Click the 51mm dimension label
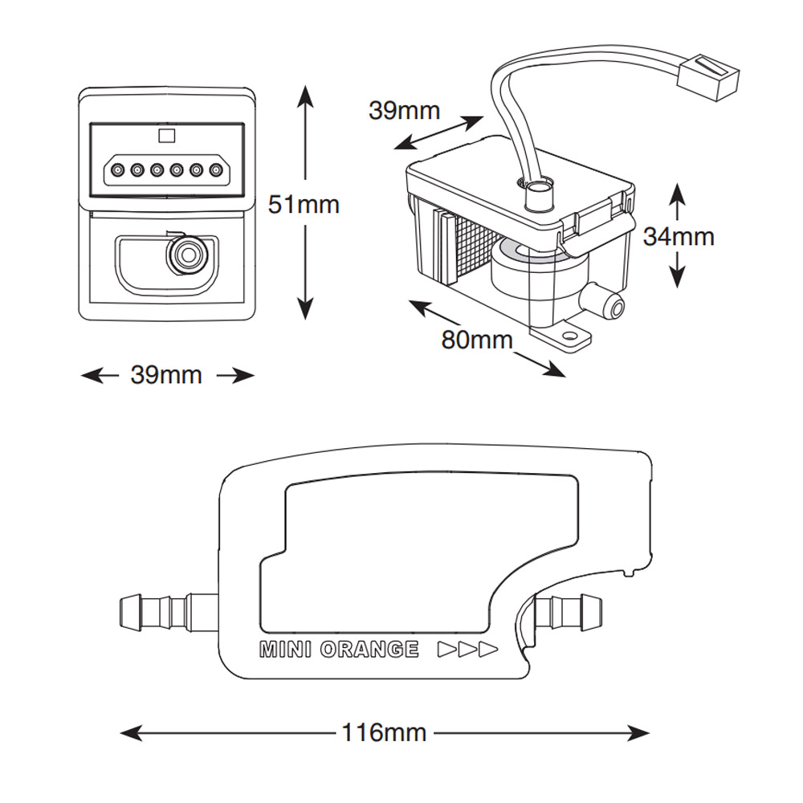pos(304,205)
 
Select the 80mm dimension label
pos(476,340)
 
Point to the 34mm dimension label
pos(678,236)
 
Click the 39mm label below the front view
pos(166,374)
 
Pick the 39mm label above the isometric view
pos(404,110)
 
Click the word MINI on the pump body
pos(285,650)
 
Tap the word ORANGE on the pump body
pos(369,650)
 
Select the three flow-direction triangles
pos(467,650)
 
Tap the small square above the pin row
pos(167,135)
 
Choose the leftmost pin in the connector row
pos(118,170)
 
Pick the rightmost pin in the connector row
pos(215,170)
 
